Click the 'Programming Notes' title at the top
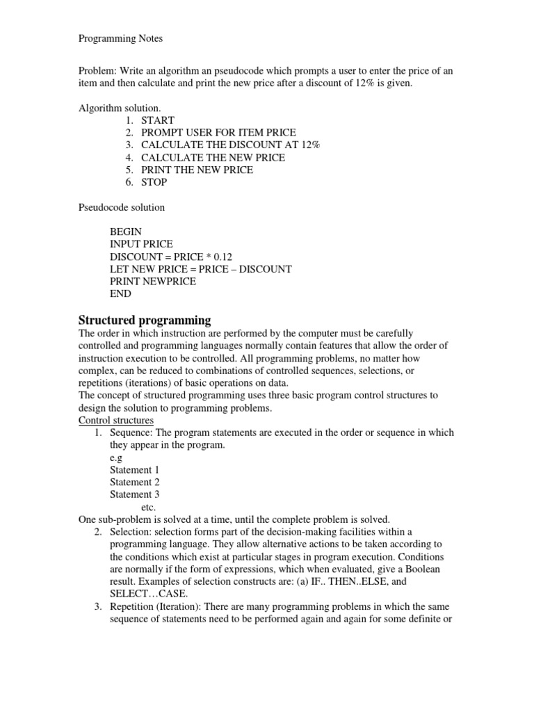[120, 39]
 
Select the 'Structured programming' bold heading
[143, 321]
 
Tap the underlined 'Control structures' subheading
[116, 421]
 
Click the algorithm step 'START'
[158, 120]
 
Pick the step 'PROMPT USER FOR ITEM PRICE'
[218, 132]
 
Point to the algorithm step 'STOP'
[154, 182]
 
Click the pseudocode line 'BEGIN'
[125, 232]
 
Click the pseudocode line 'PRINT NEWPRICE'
[153, 282]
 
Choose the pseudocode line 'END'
[120, 294]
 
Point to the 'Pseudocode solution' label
[121, 207]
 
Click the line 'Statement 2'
[135, 482]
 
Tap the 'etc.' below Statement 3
[148, 508]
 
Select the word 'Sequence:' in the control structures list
[131, 432]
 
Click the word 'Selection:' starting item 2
[131, 532]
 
